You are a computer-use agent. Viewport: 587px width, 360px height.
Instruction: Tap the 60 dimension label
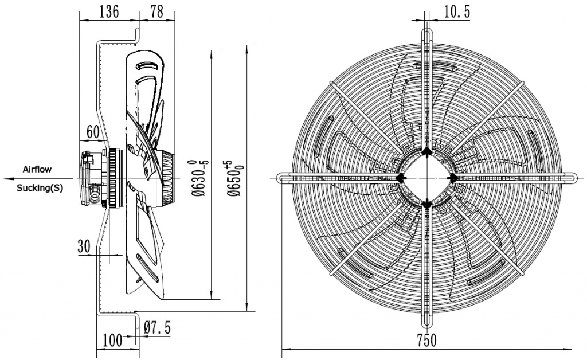pos(93,132)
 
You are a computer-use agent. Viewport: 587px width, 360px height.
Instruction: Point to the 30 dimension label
pos(84,246)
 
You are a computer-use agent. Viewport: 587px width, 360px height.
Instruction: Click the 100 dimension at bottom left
pos(112,340)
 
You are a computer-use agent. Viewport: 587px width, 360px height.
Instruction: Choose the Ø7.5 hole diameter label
pos(157,328)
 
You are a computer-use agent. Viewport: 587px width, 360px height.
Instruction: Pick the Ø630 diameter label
pos(198,178)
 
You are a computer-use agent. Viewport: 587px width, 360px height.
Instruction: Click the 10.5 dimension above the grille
pos(457,12)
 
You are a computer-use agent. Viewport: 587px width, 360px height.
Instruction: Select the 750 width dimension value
pos(426,340)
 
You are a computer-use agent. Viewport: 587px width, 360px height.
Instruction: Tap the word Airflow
pos(37,169)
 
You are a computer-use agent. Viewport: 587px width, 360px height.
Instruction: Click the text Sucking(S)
pos(40,187)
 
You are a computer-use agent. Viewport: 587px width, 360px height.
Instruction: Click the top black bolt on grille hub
pos(426,151)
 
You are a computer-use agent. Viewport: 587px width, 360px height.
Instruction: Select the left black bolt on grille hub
pos(401,178)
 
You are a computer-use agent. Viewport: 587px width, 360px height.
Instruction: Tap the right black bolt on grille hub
pos(453,178)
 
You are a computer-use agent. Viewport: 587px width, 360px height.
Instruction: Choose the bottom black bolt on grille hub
pos(426,204)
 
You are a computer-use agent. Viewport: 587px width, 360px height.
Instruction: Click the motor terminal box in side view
pos(91,178)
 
